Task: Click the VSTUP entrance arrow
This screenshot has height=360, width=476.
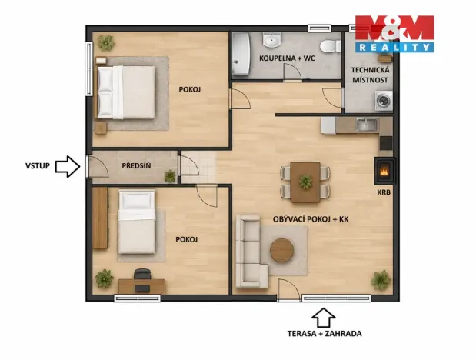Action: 68,165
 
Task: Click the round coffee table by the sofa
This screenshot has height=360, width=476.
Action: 282,250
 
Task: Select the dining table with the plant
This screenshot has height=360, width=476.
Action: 305,178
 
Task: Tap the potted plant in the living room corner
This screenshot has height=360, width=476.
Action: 380,280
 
